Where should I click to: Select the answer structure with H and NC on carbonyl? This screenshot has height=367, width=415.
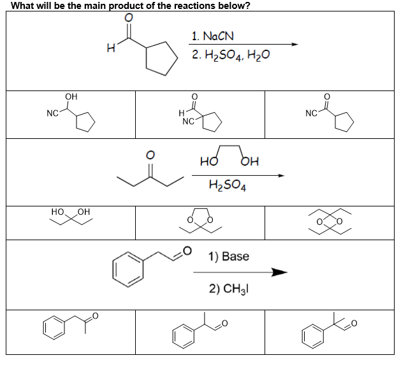[x=199, y=115]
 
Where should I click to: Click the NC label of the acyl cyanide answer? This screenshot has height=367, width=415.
[x=311, y=114]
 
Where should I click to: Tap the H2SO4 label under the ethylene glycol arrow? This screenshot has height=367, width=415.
[x=228, y=187]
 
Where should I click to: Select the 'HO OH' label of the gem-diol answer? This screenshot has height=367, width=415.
[x=71, y=212]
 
